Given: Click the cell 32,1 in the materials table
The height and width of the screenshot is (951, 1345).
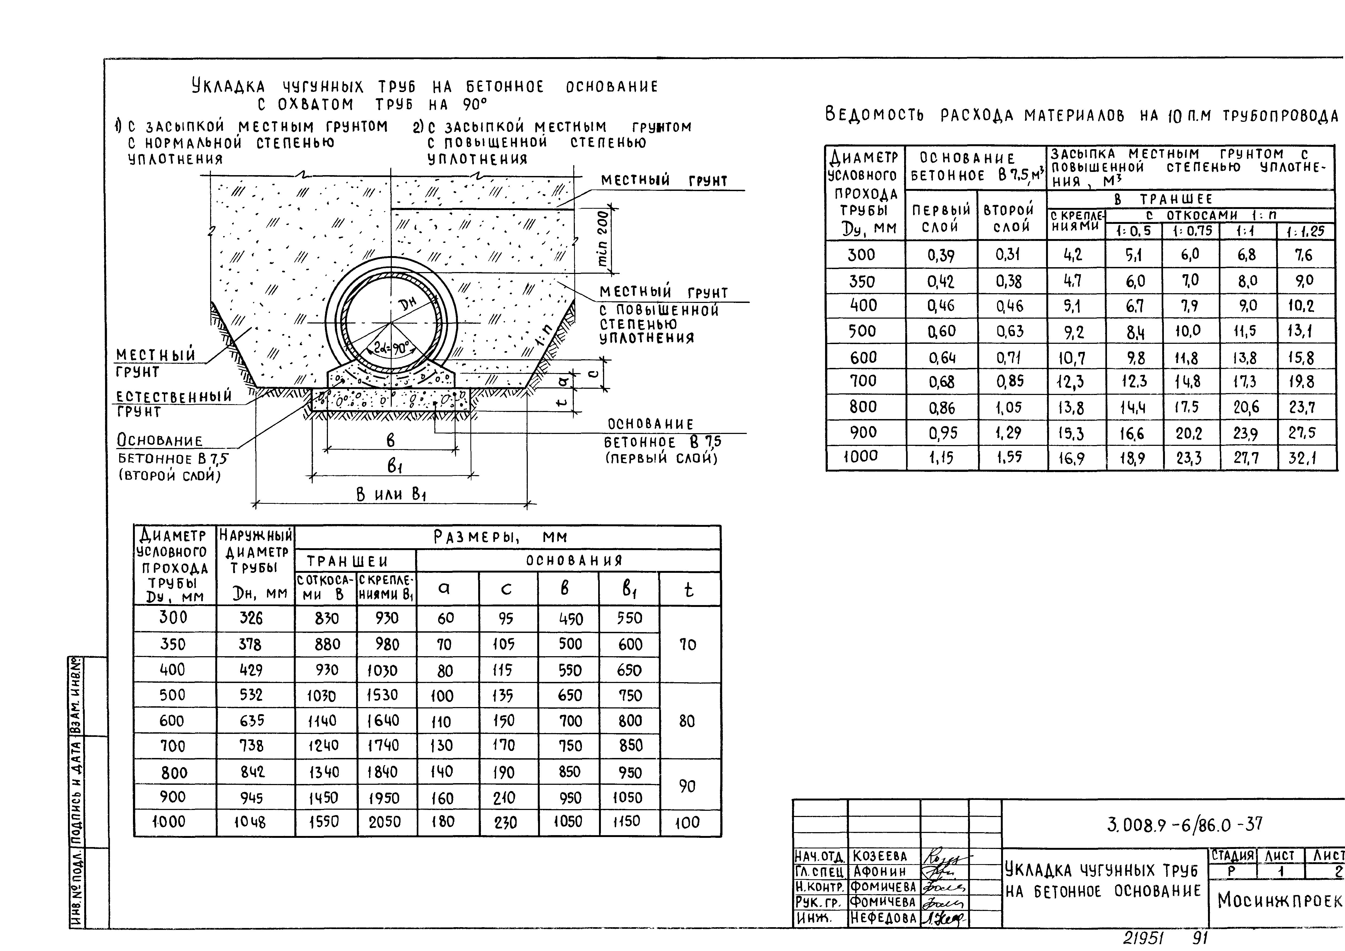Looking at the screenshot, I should click(x=1303, y=457).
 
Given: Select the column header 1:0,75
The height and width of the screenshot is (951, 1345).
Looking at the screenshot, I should click(x=1191, y=231).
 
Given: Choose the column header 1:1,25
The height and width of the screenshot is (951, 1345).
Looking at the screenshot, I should click(x=1305, y=231).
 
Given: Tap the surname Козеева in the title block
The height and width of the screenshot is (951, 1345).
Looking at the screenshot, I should click(x=880, y=856).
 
